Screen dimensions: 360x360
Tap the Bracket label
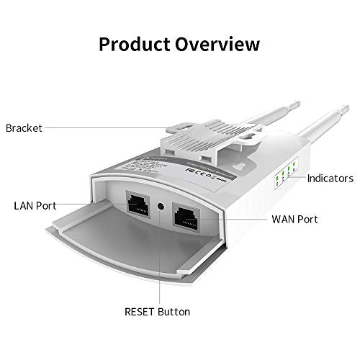24,129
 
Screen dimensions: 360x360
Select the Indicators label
330,178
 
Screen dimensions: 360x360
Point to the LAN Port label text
35,206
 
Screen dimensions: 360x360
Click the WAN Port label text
294,219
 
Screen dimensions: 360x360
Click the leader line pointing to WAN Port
238,219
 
